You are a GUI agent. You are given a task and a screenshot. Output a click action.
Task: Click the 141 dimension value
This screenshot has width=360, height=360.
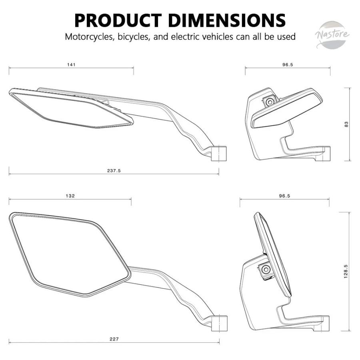point(71,65)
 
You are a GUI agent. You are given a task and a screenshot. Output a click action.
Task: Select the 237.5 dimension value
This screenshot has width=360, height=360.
point(114,170)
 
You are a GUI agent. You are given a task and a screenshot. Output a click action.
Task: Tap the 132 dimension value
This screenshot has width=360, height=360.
point(70,196)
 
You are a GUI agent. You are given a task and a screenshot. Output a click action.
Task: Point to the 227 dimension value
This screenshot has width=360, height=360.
point(114,339)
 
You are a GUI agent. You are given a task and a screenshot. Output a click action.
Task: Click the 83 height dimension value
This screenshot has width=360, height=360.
point(346,124)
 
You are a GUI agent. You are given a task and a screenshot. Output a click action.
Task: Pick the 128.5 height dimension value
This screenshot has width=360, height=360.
point(346,271)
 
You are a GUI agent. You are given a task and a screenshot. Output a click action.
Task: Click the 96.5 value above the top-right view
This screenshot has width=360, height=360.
point(288,65)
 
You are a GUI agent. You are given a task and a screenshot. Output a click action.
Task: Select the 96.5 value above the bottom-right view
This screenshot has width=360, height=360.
point(284,196)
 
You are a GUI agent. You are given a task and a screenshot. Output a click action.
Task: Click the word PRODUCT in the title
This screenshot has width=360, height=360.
point(118,20)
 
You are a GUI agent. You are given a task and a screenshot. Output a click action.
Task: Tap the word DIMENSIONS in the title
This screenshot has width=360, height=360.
point(227,20)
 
